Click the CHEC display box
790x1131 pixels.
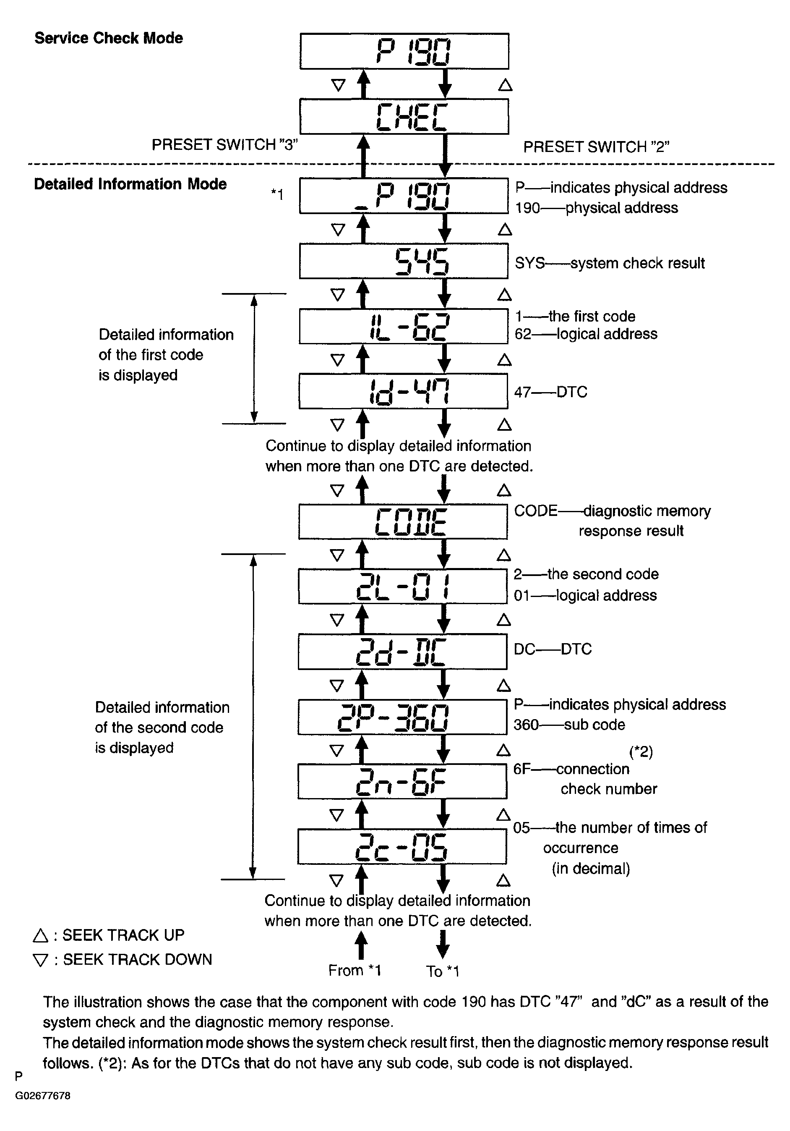[404, 116]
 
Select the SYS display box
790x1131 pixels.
[404, 261]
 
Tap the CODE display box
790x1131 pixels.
[403, 521]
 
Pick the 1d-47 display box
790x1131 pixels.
[403, 391]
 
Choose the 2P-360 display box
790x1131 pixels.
[402, 717]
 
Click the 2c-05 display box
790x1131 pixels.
[402, 846]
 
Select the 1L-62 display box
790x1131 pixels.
[403, 326]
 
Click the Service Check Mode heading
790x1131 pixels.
[109, 38]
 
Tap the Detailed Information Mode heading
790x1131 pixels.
[130, 184]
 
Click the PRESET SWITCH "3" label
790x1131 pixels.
[224, 145]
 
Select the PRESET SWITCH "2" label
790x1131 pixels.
[596, 147]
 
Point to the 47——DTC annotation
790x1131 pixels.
[551, 392]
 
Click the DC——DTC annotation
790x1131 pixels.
[552, 649]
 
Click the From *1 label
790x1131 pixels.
[355, 970]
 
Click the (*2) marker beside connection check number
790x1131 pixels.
[641, 752]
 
